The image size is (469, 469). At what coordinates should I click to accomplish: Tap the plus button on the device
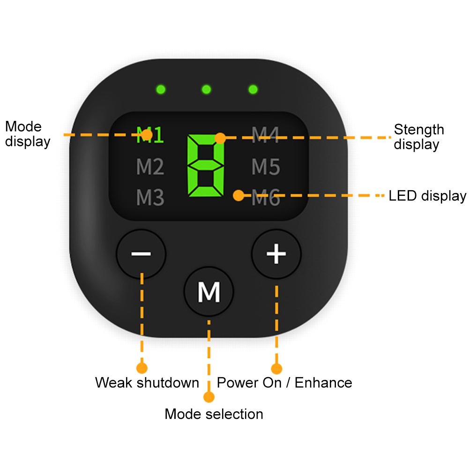coord(276,254)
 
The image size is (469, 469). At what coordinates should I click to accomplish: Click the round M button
coord(209,292)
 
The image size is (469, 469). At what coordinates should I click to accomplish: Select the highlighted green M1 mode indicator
coord(150,135)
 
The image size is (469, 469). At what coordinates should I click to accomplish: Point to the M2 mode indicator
coord(150,167)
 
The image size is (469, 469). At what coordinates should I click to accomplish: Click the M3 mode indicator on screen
coord(150,198)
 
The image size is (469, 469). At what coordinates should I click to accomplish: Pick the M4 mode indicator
coord(266,135)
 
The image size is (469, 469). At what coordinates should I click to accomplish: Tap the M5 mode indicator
coord(266,167)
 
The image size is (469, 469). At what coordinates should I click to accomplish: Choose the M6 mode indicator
coord(266,198)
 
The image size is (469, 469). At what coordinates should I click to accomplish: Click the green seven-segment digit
coord(206,166)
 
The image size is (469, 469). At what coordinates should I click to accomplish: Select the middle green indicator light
coord(207,89)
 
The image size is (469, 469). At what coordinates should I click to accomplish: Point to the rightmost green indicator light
coord(253,89)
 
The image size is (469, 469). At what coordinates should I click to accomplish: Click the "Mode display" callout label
coord(27,134)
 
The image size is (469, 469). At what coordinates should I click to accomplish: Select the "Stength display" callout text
coord(418,136)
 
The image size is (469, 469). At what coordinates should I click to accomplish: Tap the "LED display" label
coord(427,196)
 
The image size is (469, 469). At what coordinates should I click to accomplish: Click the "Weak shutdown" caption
coord(147,382)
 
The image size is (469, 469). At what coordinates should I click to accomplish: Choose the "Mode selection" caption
coord(214,414)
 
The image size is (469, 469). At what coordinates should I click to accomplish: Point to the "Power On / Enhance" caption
coord(284,382)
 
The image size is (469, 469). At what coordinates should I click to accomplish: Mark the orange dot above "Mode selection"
coord(209,397)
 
